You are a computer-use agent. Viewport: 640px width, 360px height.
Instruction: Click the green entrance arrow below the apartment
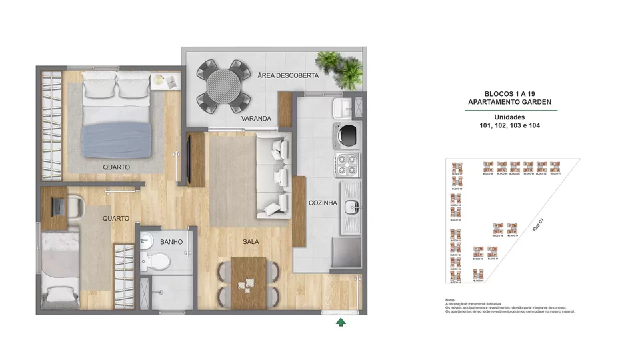341,323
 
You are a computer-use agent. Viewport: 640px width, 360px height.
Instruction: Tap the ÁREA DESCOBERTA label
288,76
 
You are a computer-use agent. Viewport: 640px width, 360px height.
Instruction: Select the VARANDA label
257,119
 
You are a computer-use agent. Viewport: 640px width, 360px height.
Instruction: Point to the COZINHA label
323,203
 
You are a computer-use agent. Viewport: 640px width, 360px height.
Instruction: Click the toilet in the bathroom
159,261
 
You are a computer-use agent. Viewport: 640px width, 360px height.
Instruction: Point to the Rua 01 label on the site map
537,224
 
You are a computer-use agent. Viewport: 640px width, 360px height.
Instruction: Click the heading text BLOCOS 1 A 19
510,95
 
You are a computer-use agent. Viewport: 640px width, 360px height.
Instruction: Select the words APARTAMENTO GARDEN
510,103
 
